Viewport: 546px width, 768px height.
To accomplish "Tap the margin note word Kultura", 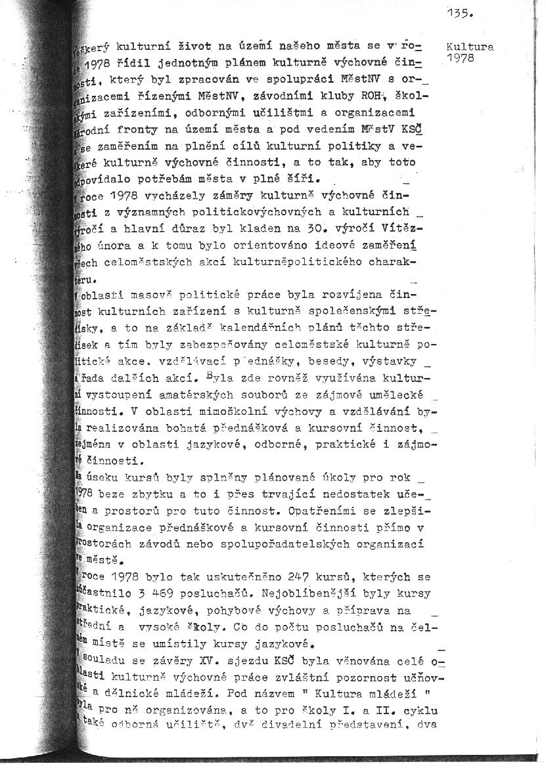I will pos(469,47).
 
